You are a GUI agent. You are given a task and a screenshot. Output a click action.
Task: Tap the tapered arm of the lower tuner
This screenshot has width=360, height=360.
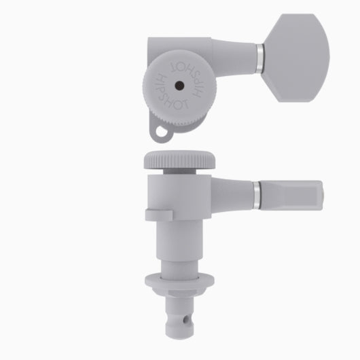click(231, 193)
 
